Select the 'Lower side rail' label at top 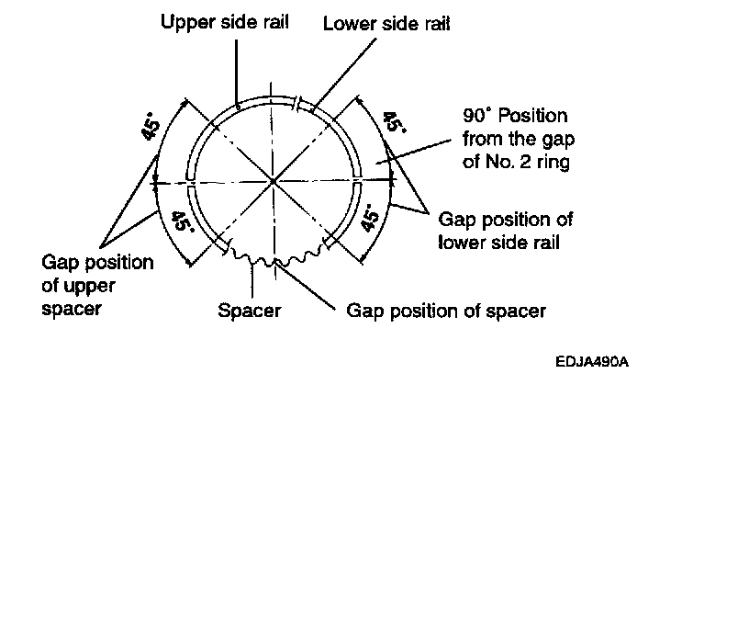386,25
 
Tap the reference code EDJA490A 591,361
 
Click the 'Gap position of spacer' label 445,311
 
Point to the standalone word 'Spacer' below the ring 249,311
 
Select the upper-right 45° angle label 392,123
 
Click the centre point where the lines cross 274,180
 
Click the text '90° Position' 515,117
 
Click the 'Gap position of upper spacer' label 97,286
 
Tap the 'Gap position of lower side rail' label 505,231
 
